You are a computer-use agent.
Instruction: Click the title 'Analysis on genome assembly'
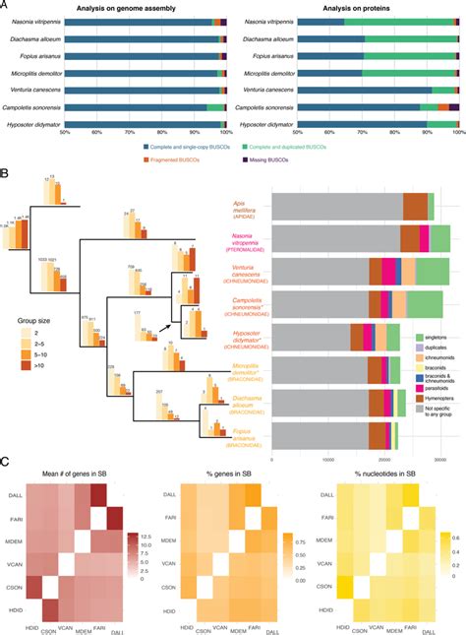click(145, 8)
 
